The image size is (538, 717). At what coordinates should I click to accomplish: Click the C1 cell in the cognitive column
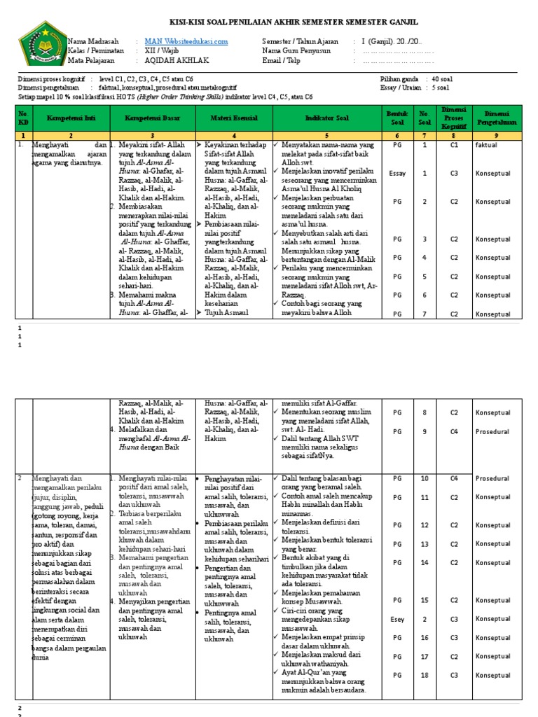pyautogui.click(x=455, y=145)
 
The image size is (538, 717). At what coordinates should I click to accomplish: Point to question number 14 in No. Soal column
pyautogui.click(x=425, y=562)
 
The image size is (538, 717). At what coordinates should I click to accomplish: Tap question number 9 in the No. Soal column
pyautogui.click(x=425, y=432)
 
